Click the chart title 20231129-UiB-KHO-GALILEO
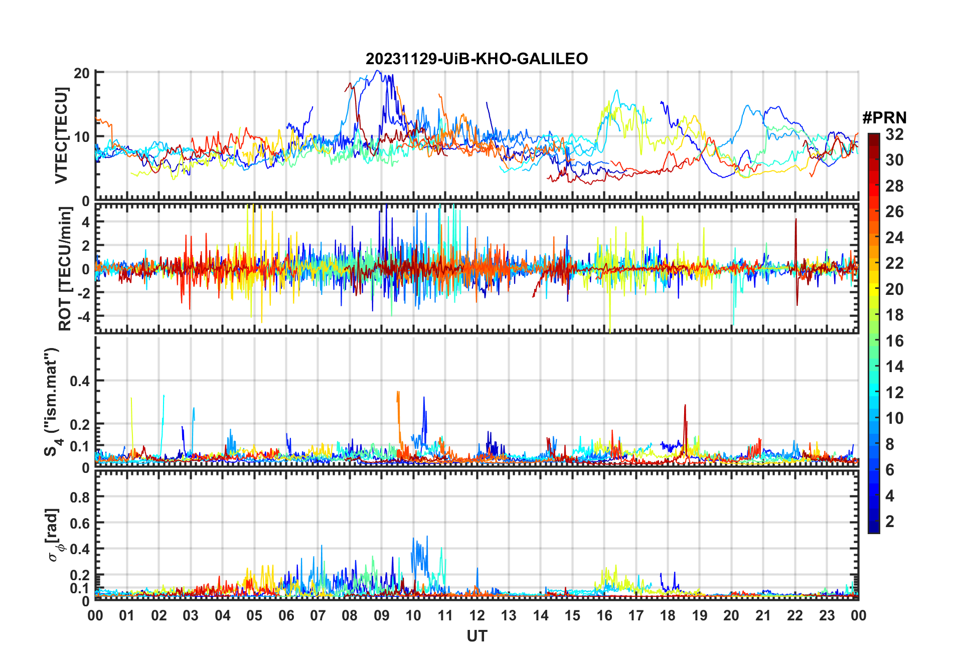coord(476,59)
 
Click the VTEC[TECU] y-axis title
coord(61,135)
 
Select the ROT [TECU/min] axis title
coord(65,269)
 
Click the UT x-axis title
coord(476,636)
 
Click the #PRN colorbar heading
coord(884,118)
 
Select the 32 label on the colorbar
coord(894,134)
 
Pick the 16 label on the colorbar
coord(894,341)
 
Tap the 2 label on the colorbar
coord(890,522)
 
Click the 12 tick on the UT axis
coord(477,615)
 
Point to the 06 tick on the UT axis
coord(286,615)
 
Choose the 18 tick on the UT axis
coord(668,615)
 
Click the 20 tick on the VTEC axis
coord(82,73)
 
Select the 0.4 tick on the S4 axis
coord(80,381)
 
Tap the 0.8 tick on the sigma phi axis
coord(80,497)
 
